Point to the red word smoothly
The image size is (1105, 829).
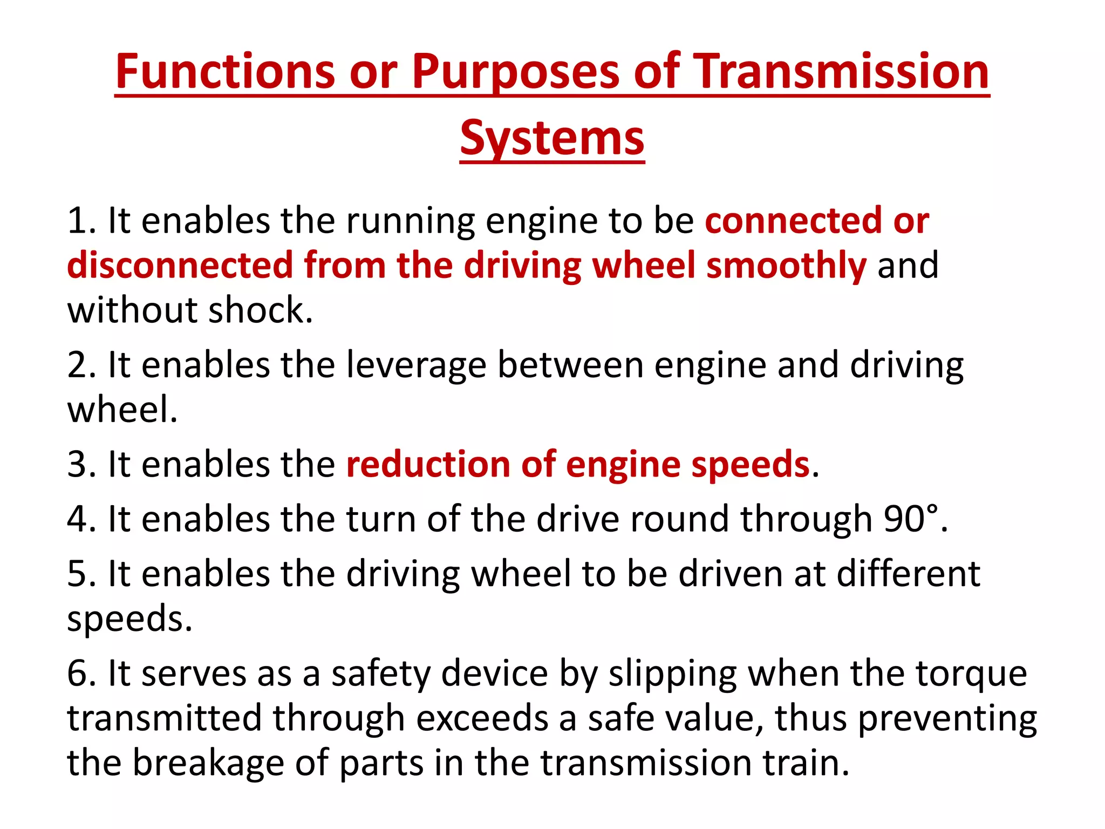786,266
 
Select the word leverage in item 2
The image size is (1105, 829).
416,365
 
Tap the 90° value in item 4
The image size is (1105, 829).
911,519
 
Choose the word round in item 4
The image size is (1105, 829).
679,519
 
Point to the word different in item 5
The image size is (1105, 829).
908,573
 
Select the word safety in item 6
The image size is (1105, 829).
380,674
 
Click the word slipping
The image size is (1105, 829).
672,674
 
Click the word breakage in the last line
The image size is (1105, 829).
208,763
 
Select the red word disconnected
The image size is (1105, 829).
180,266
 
